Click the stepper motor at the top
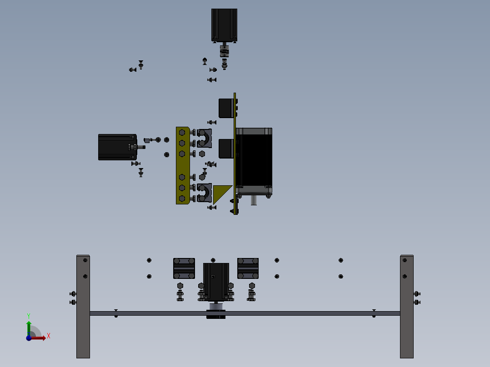pos(224,25)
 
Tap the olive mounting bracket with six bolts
pos(182,165)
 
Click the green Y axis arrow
pos(28,326)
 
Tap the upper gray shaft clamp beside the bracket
pos(205,138)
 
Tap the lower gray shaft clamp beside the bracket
pos(205,193)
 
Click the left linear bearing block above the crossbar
pos(184,268)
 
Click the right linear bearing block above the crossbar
pos(248,268)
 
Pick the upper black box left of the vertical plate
pos(226,108)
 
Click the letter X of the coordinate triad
pos(49,336)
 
